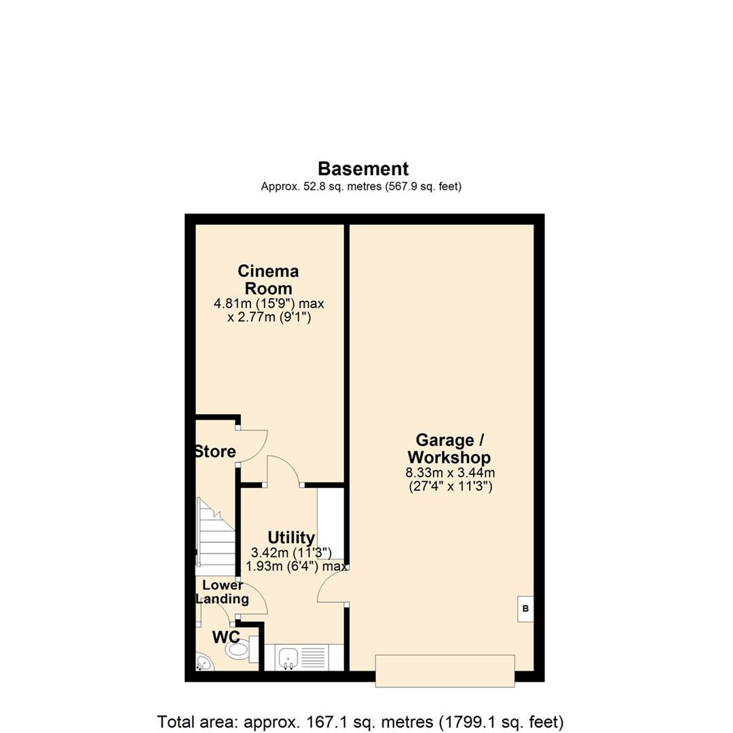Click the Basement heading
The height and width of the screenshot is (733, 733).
point(363,168)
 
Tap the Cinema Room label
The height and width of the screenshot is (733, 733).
point(268,280)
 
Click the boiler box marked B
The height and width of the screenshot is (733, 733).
point(525,609)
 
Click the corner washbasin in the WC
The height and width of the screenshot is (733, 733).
point(203,662)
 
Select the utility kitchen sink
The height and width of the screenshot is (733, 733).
point(288,657)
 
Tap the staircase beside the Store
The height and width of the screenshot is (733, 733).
point(214,536)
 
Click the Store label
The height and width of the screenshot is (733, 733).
point(214,451)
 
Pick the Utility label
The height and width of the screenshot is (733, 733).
point(290,538)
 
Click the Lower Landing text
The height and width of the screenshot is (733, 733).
point(222,593)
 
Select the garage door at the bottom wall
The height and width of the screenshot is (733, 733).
point(445,669)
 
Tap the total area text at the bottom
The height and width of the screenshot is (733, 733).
point(360,720)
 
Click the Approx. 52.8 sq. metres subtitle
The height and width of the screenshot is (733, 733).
point(361,187)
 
